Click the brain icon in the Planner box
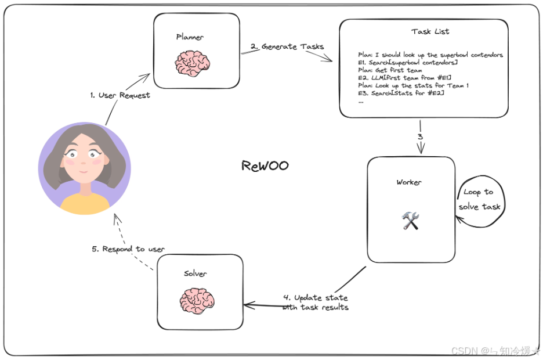pos(193,62)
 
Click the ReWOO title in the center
pos(265,166)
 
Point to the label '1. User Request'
pos(120,95)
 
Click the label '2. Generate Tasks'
pos(287,46)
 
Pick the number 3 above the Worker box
pos(420,137)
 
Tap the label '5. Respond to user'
pos(128,249)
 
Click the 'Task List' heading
pos(430,31)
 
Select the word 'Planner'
pos(190,37)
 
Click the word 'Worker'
pos(409,182)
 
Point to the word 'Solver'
pos(195,273)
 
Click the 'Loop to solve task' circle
pos(479,199)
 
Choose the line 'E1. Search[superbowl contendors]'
pos(408,62)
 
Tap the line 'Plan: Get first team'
pos(390,70)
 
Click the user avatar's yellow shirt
pos(85,204)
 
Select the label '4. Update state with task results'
pos(316,303)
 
